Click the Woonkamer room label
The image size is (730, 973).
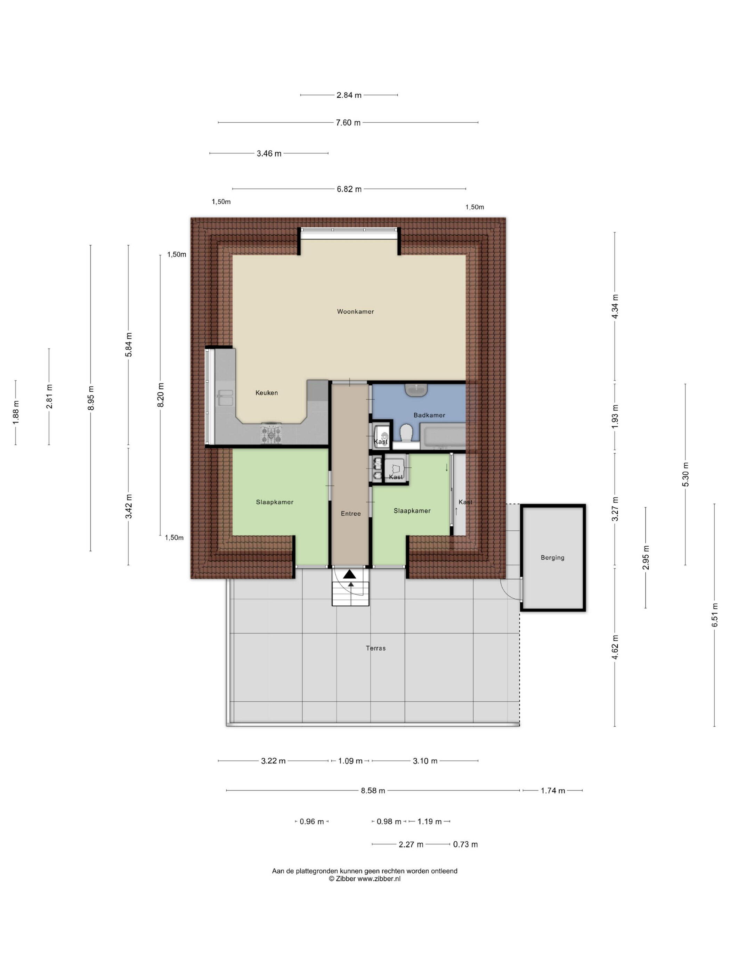click(355, 311)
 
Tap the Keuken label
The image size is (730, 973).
click(267, 393)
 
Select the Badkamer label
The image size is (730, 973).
click(429, 415)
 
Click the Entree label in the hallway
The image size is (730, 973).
click(351, 513)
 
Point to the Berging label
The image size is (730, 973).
click(552, 558)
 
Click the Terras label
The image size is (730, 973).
click(376, 648)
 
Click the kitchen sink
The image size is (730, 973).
click(225, 398)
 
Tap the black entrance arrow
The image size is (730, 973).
click(350, 574)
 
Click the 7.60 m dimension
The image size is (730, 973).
click(348, 123)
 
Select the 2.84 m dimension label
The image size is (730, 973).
click(349, 95)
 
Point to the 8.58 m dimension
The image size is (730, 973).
click(373, 791)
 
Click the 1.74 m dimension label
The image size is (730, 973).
click(553, 791)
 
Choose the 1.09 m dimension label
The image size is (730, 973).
click(350, 761)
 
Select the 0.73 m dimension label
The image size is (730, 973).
click(465, 844)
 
